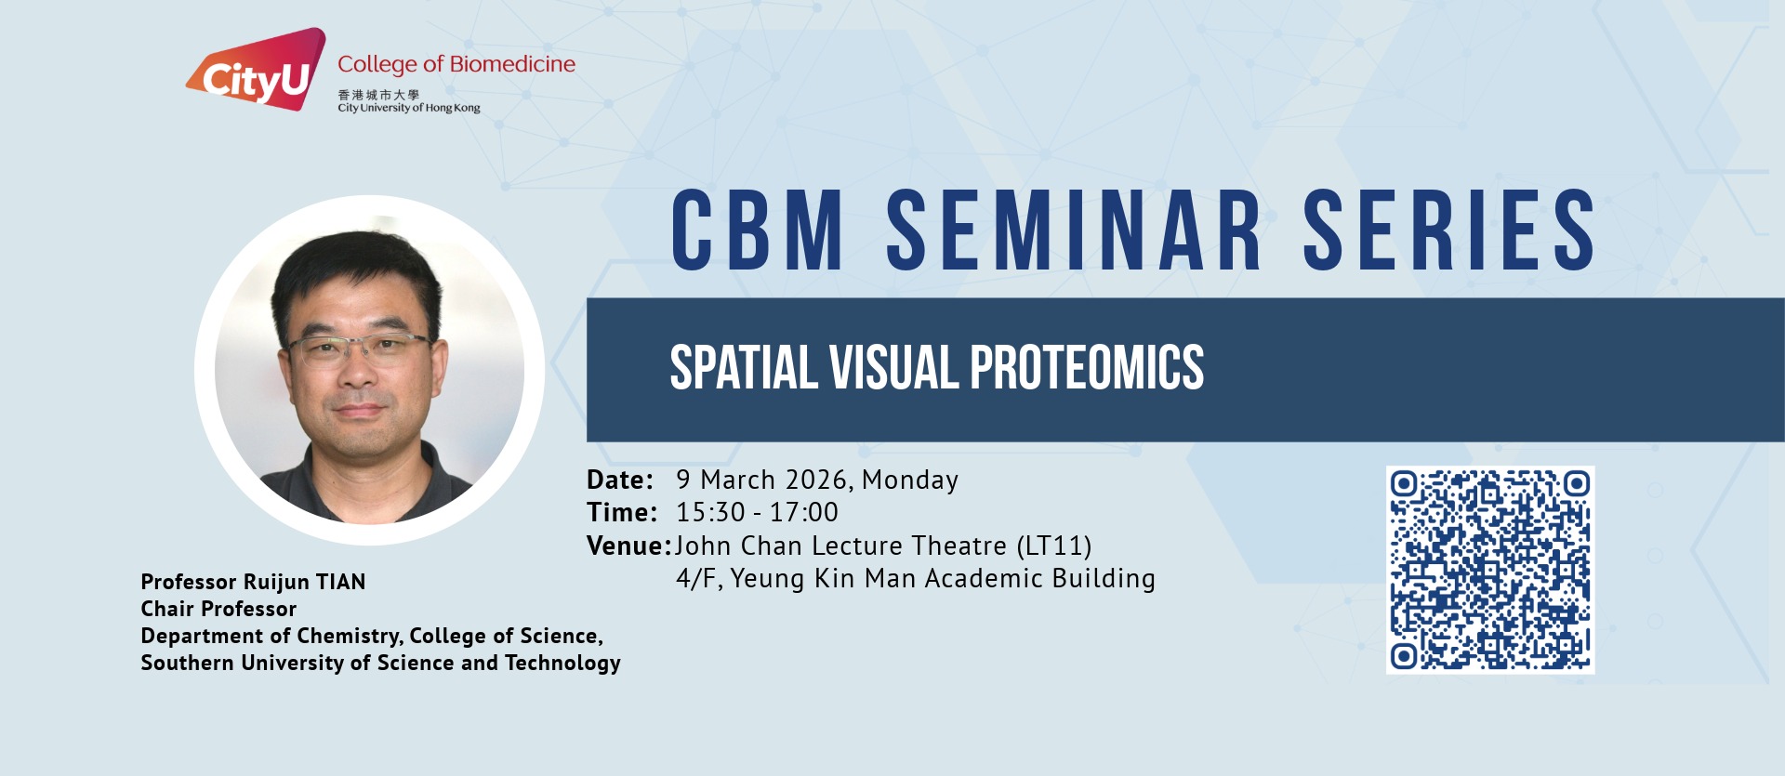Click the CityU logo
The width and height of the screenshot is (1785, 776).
257,69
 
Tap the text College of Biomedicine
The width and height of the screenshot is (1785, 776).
456,64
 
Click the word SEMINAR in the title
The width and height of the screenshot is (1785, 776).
1074,230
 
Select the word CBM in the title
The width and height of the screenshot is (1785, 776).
758,230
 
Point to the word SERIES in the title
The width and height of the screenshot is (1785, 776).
1449,230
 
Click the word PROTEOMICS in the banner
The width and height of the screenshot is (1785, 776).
1088,367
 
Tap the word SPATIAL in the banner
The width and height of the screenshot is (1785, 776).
744,367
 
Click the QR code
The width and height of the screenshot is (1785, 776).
1490,570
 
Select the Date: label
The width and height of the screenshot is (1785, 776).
620,480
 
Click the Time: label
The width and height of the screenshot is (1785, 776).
622,512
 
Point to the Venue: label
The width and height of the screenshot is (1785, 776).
629,546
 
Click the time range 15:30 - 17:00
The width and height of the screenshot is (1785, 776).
757,512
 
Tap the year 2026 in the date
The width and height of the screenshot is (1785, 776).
816,480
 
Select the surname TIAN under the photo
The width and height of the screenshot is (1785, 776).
340,582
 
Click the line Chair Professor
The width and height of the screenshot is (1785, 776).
218,609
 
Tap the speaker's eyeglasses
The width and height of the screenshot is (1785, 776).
360,350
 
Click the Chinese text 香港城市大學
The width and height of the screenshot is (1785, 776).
378,95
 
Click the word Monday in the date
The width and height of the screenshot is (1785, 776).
910,480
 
